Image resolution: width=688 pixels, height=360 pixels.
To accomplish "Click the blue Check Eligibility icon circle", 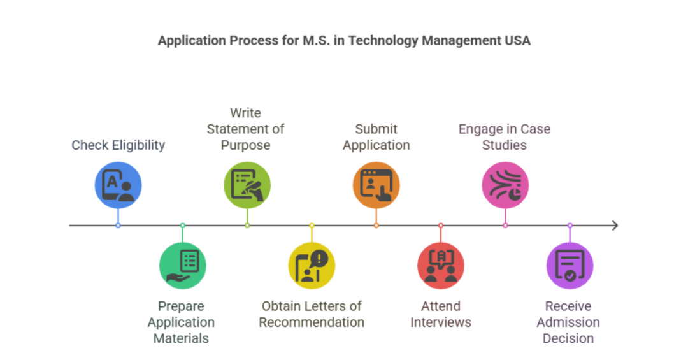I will [x=118, y=185].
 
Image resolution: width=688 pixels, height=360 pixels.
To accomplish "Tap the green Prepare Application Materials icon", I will [x=183, y=266].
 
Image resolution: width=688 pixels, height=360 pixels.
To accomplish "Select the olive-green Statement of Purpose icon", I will [x=247, y=185].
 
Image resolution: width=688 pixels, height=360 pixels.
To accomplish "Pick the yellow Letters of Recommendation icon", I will [x=312, y=266].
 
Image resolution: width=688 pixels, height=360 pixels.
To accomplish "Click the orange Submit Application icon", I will [x=376, y=185].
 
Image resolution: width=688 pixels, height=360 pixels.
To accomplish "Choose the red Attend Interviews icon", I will [x=441, y=266].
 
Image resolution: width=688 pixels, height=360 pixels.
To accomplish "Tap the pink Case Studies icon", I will [x=505, y=185].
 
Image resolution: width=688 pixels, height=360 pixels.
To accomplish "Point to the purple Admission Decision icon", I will [x=570, y=266].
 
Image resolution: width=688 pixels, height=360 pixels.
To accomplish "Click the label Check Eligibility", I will [x=118, y=145].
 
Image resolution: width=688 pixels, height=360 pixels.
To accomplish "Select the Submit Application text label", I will [x=376, y=137].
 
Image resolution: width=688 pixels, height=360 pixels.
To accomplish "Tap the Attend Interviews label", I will [x=441, y=314].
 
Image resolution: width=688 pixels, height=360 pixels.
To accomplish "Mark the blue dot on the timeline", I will [x=118, y=226].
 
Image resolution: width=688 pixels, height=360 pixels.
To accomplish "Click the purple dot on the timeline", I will [x=570, y=226].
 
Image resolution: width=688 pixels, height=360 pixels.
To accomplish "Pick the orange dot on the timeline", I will [x=376, y=226].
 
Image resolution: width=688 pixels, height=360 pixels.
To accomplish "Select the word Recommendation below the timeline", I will [x=312, y=322].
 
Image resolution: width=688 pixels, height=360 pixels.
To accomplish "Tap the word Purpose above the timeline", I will [x=245, y=145].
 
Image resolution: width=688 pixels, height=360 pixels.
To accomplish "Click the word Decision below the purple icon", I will [x=568, y=338].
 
